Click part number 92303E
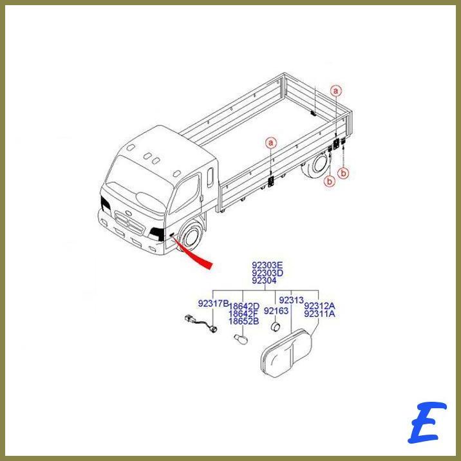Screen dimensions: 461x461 tap(267, 265)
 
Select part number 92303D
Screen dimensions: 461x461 tap(267, 273)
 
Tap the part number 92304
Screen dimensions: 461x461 tap(264, 281)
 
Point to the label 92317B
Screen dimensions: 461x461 tap(213, 303)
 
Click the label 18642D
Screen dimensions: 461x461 tap(244, 306)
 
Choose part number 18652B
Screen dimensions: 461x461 tap(244, 321)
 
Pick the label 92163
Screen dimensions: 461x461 tap(276, 311)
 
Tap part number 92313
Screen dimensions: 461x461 tap(291, 300)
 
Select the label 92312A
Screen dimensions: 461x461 tap(319, 306)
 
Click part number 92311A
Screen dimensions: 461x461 tap(319, 314)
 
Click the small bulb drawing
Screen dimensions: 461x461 tap(241, 339)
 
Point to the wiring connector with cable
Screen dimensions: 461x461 tap(202, 324)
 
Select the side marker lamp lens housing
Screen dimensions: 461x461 tap(286, 353)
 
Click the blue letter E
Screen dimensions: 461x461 tap(427, 422)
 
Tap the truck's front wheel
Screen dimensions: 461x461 tap(192, 234)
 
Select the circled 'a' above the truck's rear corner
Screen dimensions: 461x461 tap(335, 91)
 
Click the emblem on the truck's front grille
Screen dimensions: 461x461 tap(127, 212)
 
